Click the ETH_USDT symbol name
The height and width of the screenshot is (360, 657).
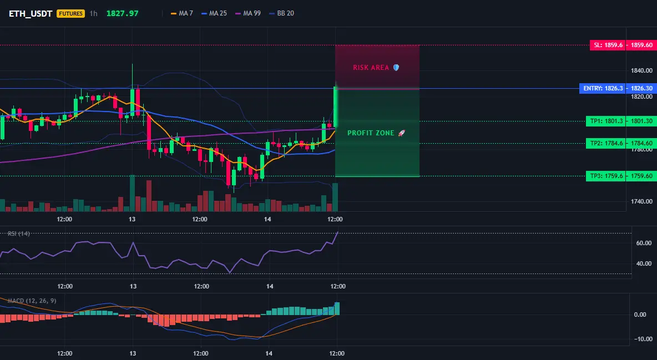click(x=31, y=13)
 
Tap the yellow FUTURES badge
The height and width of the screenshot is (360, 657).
click(x=70, y=13)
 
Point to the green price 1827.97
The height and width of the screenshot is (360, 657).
click(x=122, y=13)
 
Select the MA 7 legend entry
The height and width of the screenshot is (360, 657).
click(x=182, y=13)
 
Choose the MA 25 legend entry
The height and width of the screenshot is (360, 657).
click(x=214, y=13)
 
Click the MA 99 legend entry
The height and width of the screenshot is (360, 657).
click(x=248, y=13)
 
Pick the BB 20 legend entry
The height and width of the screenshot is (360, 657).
click(x=281, y=13)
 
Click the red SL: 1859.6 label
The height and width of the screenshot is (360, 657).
click(x=608, y=45)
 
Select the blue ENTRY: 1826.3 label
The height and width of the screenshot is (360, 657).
click(x=603, y=88)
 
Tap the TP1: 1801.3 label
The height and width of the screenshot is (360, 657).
click(x=606, y=121)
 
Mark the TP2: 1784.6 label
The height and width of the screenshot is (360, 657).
click(x=606, y=143)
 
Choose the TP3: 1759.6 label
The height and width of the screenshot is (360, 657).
click(x=606, y=176)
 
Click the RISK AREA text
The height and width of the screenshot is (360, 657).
click(x=371, y=68)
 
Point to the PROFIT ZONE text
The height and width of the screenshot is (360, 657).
click(x=371, y=133)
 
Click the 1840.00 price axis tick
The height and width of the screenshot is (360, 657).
click(x=641, y=70)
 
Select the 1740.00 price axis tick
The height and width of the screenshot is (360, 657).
click(x=641, y=201)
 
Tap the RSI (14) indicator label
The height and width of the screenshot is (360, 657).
click(x=19, y=234)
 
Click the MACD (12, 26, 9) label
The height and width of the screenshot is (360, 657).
click(x=32, y=301)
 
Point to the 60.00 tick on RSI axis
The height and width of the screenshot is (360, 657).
click(x=644, y=243)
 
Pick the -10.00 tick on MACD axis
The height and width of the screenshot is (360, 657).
click(x=643, y=339)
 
